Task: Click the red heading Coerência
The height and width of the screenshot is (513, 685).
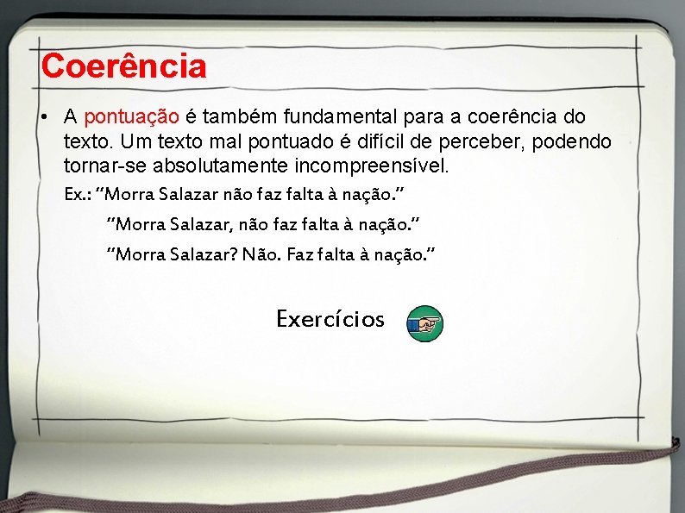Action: click(x=123, y=66)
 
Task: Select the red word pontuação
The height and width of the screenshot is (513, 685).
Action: click(x=132, y=116)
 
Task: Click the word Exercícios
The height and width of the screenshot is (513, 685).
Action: click(x=330, y=319)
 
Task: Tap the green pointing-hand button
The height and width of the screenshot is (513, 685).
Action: click(x=424, y=324)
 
